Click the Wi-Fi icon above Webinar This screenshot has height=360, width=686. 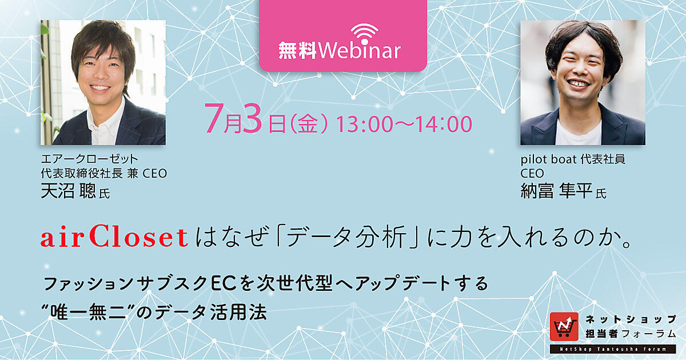tap(365, 34)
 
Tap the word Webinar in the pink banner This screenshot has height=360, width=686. tap(360, 50)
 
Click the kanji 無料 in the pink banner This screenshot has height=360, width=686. tap(297, 50)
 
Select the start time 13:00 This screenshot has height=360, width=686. tap(364, 124)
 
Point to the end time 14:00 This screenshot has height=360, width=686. tap(444, 124)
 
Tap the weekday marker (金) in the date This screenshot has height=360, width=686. tap(308, 123)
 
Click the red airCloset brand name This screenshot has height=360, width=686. tap(114, 236)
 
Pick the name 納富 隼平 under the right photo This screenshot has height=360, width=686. tap(556, 191)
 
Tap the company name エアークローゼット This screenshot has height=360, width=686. tap(89, 159)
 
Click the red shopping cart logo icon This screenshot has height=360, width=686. tap(564, 327)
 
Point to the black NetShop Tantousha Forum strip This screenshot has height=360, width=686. tap(613, 349)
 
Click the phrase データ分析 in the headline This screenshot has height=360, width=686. tap(346, 237)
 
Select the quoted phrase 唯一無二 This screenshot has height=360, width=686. tap(89, 313)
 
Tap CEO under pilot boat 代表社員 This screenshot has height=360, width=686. tap(532, 174)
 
